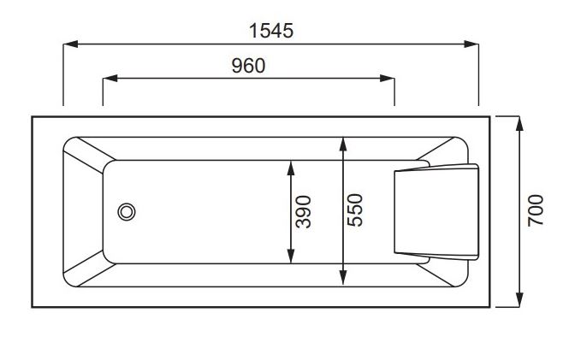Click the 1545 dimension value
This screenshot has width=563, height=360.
coord(271,31)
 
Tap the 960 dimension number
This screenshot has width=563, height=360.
coord(248,66)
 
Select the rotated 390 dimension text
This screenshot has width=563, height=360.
coord(303,212)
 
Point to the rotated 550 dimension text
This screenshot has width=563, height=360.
coord(355,210)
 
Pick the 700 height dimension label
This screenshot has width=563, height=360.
coord(536,210)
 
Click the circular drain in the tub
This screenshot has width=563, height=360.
coord(127,212)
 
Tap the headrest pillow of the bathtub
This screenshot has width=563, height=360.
coord(436,212)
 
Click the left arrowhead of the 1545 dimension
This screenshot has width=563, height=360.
coord(70,44)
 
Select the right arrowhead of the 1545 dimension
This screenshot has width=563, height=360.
coord(471,44)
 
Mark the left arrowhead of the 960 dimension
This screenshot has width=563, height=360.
coord(110,79)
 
